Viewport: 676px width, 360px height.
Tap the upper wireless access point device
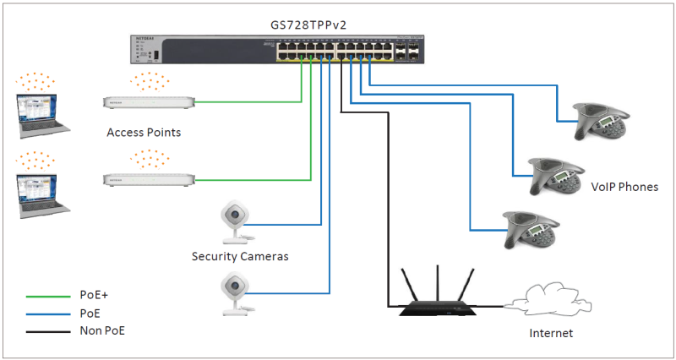tap(149, 103)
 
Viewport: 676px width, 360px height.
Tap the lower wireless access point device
tap(149, 179)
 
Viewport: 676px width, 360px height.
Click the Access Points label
tap(144, 133)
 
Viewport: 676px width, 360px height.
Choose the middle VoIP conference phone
tap(554, 176)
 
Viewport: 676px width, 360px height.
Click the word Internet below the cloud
tap(551, 333)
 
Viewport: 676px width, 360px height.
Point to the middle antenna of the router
tap(438, 279)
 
